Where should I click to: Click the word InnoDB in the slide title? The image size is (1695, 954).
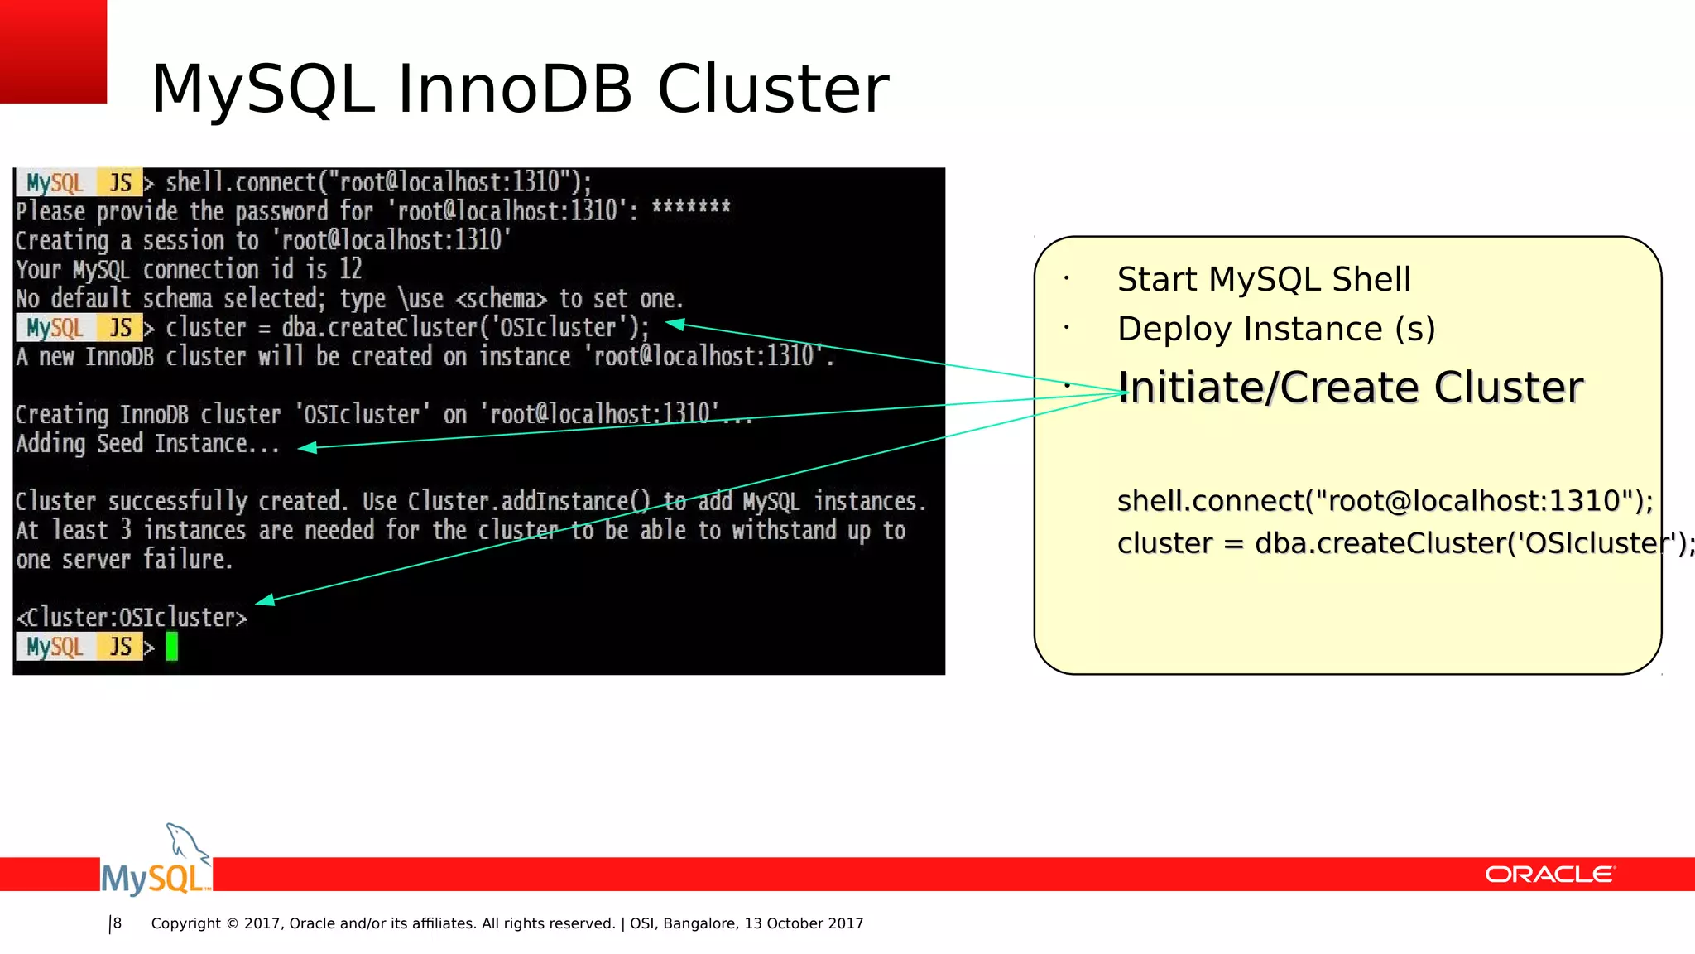pos(515,89)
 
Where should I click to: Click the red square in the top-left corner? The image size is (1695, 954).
pos(53,51)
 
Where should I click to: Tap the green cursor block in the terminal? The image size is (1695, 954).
pos(172,646)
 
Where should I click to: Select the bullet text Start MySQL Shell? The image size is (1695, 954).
pos(1263,280)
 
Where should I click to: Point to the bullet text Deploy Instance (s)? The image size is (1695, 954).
pos(1275,330)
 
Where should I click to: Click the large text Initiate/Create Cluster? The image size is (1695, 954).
pos(1350,388)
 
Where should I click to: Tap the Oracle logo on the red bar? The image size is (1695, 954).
pos(1549,874)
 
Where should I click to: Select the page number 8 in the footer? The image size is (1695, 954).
pos(118,923)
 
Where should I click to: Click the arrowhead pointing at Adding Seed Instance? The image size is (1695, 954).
pos(306,447)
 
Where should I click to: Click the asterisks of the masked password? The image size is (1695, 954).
pos(690,207)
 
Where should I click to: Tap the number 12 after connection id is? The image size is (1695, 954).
pos(350,269)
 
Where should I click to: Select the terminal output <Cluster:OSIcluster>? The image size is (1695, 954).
pos(132,618)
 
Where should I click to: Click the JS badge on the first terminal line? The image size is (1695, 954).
pos(121,183)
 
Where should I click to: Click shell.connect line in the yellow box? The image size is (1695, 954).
pos(1384,501)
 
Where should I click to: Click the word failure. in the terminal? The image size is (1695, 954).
pos(188,560)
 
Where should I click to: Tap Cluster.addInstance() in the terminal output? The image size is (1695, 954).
pos(530,502)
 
